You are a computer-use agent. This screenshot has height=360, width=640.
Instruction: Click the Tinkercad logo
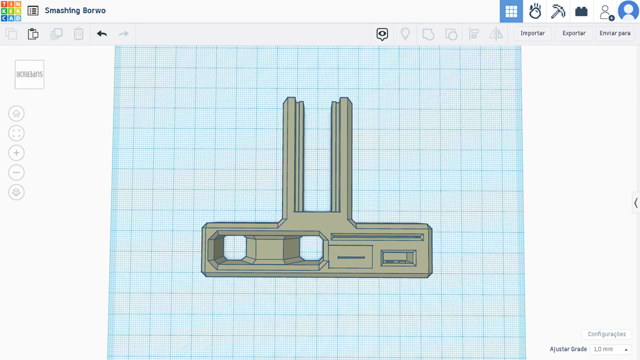[11, 11]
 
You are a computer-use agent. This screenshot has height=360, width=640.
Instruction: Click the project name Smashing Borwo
[75, 11]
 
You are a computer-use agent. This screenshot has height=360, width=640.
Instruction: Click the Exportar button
[573, 34]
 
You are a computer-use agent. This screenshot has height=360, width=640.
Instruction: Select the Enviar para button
[614, 34]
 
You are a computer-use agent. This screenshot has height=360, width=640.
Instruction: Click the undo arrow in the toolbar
[102, 34]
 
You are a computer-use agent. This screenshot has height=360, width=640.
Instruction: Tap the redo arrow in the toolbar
[124, 34]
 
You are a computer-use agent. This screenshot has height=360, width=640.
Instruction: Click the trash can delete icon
[79, 34]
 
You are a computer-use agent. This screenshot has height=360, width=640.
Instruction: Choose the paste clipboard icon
[33, 34]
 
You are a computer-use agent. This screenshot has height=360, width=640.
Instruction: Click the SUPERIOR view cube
[29, 74]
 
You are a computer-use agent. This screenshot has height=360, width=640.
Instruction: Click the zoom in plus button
[16, 153]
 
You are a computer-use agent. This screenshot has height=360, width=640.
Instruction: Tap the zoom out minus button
[16, 172]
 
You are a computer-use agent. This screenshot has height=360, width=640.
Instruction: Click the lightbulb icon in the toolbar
[405, 34]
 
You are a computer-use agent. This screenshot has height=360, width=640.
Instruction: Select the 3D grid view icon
[511, 11]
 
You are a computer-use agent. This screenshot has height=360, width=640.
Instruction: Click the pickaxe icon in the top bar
[558, 11]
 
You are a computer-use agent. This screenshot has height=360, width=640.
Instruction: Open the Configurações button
[606, 334]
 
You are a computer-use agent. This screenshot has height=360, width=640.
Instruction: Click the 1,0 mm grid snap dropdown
[611, 349]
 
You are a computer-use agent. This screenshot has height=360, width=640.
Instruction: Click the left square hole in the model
[235, 247]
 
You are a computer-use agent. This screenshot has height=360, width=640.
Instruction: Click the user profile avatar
[628, 11]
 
